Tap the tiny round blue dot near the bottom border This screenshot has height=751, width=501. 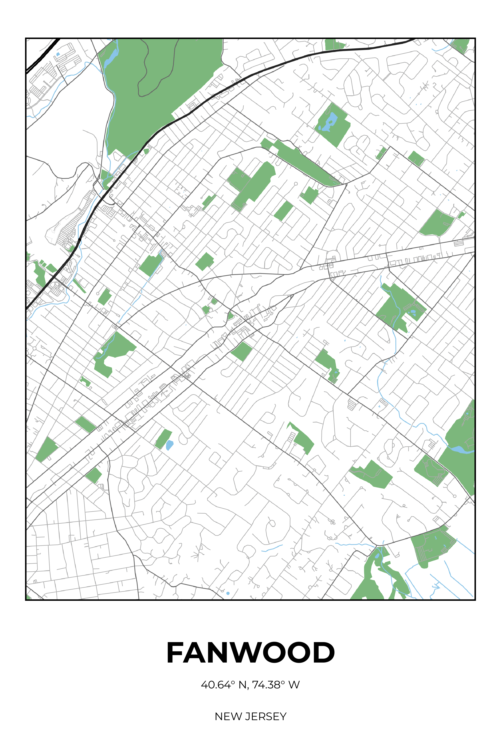pos(228,593)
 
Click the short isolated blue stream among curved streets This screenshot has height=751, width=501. pos(272,548)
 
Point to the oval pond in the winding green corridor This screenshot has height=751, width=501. pos(377,556)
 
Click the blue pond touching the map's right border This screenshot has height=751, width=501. pos(460,450)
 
